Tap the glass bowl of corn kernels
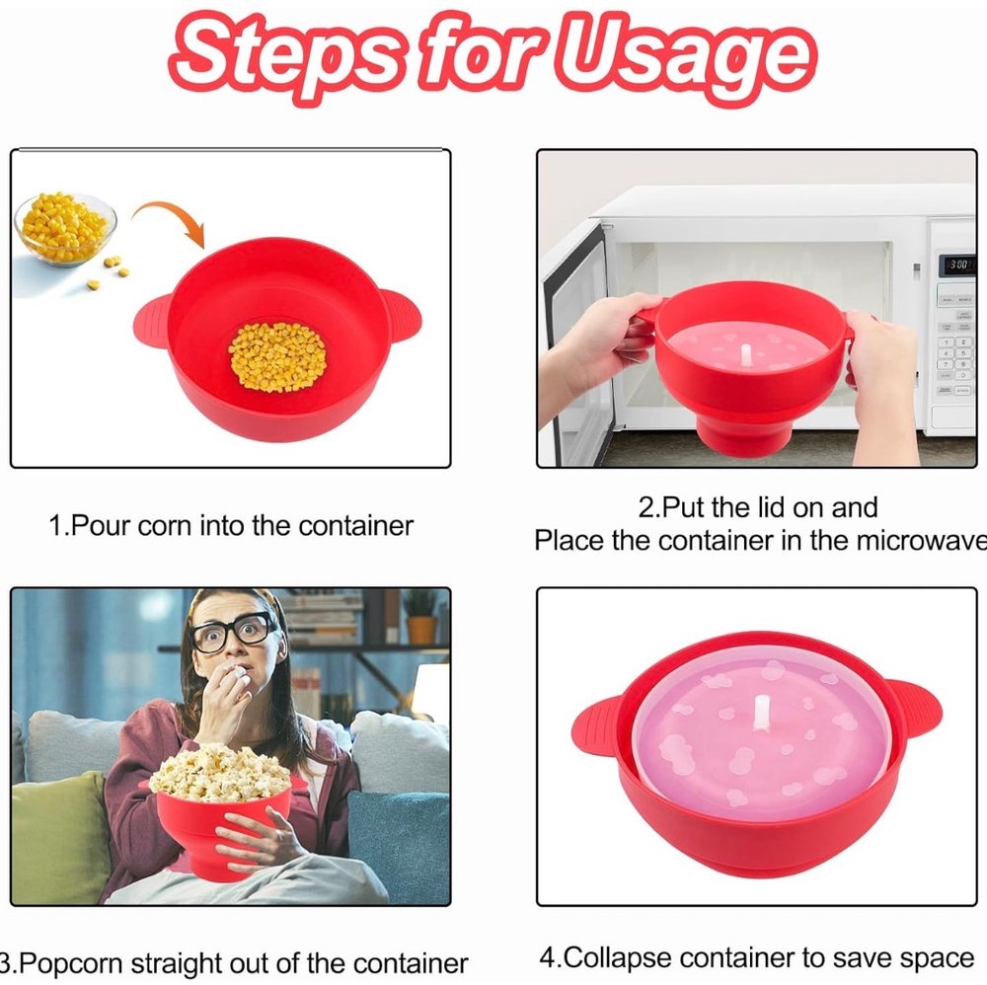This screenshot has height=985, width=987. coord(65,228)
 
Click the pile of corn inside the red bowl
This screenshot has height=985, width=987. coord(278,357)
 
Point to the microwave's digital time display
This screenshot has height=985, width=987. coord(957,265)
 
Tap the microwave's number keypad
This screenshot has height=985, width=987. coord(955,355)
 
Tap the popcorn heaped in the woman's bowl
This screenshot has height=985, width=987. coord(220,773)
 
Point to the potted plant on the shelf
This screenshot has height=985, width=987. coord(419,618)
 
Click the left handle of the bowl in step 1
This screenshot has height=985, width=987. coord(152,320)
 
